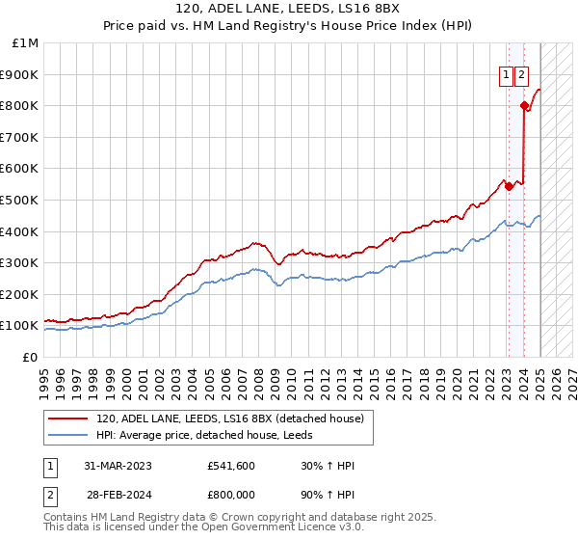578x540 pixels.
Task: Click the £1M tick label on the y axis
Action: point(26,43)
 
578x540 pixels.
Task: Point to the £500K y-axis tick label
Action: point(21,201)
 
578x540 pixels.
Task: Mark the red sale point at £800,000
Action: point(524,105)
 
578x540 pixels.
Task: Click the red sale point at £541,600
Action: point(509,187)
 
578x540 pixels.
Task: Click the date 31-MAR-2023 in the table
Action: point(118,467)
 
